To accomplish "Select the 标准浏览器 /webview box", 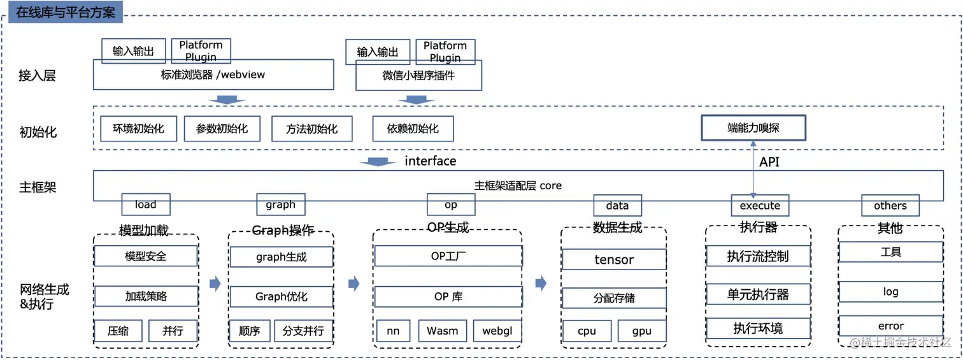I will tap(213, 75).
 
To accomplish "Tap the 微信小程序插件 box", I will tap(418, 76).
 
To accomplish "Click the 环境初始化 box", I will tap(138, 129).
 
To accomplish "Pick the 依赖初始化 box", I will tap(413, 129).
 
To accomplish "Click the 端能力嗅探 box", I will tap(753, 127).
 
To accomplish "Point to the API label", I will tap(769, 162).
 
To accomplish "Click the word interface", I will tap(431, 161).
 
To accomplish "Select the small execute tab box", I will tap(760, 206).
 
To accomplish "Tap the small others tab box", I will tap(890, 206).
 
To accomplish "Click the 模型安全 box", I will tap(146, 256).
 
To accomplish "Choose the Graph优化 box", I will tap(281, 297).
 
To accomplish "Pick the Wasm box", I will tap(442, 331).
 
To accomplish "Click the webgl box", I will tap(497, 331).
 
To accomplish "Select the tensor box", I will tap(614, 259).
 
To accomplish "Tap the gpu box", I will tap(641, 331).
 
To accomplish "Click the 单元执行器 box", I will tap(758, 294).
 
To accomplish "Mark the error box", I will tap(890, 326).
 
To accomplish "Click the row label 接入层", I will tap(37, 76).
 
